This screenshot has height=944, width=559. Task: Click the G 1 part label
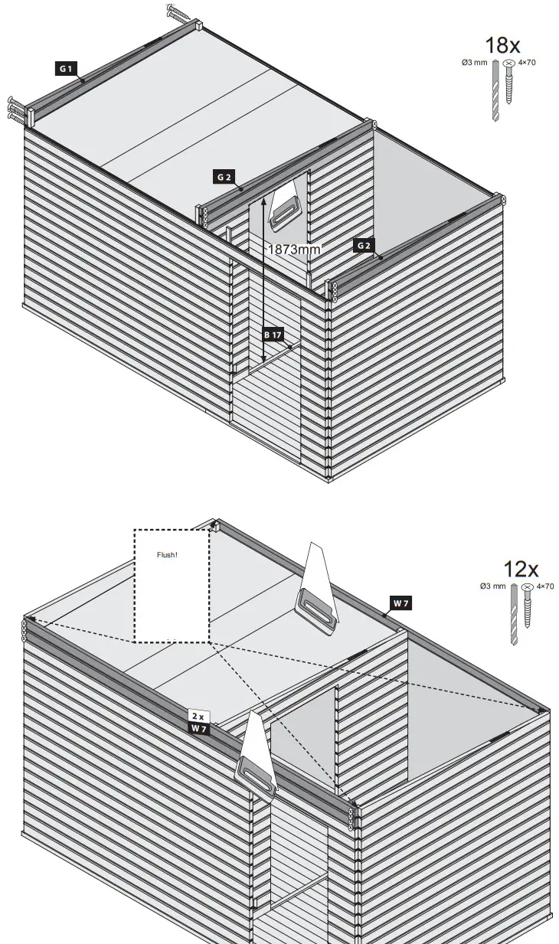[66, 68]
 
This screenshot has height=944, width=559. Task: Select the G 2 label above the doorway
[224, 177]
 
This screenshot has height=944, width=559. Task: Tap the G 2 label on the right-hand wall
[364, 245]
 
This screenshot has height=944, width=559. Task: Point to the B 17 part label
[273, 335]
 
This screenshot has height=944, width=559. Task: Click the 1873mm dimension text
[293, 249]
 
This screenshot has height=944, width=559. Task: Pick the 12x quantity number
[521, 570]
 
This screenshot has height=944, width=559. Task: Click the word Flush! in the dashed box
[167, 554]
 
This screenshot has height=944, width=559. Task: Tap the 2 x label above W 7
[198, 717]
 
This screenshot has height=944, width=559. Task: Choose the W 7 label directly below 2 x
[198, 729]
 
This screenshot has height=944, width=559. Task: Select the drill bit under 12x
[514, 614]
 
